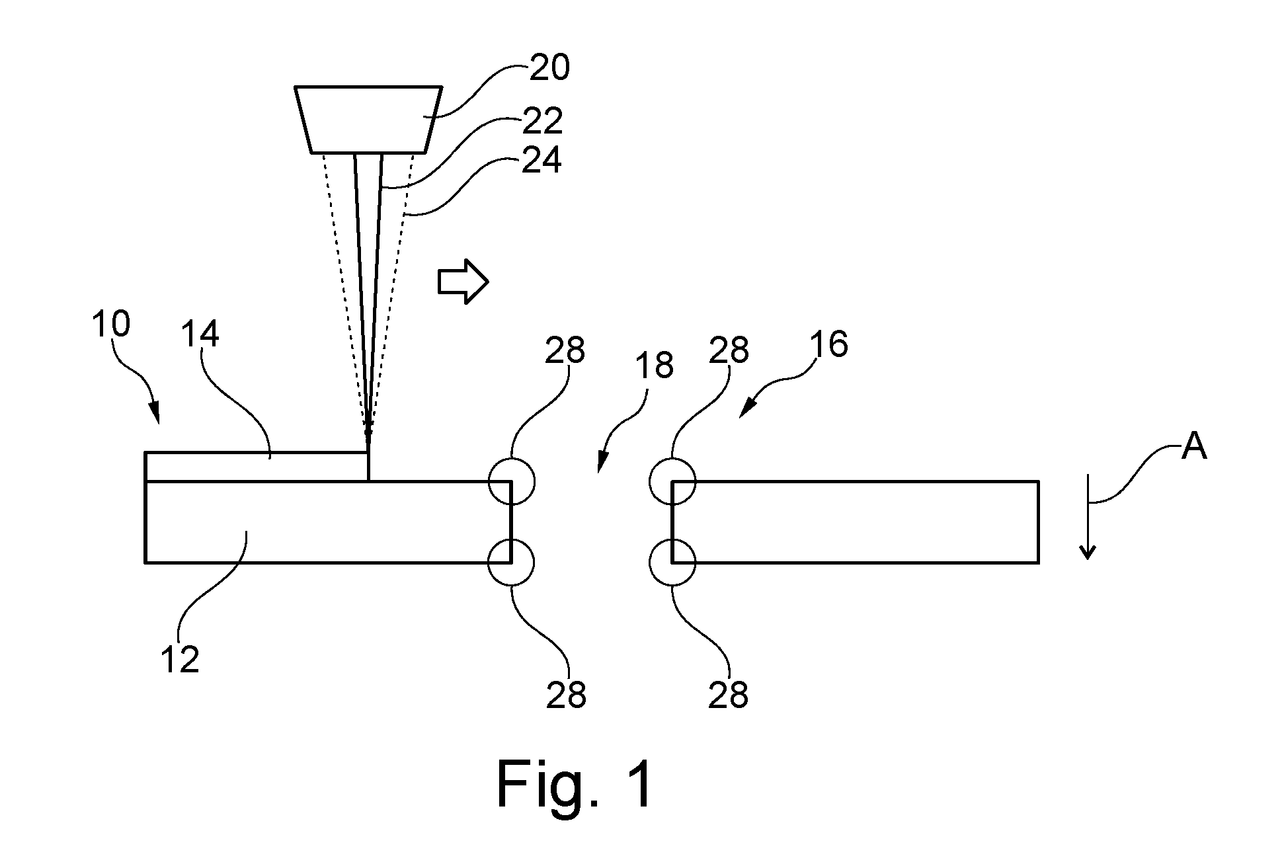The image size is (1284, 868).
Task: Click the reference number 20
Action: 549,68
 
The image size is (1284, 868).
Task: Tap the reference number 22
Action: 542,120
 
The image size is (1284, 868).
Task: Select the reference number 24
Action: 542,160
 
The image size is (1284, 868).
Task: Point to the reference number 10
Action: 111,325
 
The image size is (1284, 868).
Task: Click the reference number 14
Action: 199,335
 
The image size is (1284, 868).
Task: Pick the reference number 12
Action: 180,658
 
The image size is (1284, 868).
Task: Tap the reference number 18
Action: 654,365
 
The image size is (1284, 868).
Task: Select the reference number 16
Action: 828,344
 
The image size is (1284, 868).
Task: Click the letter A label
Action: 1194,447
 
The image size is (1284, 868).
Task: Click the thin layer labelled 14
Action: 257,467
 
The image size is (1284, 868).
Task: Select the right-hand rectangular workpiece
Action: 855,522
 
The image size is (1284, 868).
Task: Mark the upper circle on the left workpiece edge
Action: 511,481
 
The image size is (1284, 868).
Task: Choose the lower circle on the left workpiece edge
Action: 511,563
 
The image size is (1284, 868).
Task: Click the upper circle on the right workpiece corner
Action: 672,481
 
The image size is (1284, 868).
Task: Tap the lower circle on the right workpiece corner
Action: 672,563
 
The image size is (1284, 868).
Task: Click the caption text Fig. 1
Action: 575,785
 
